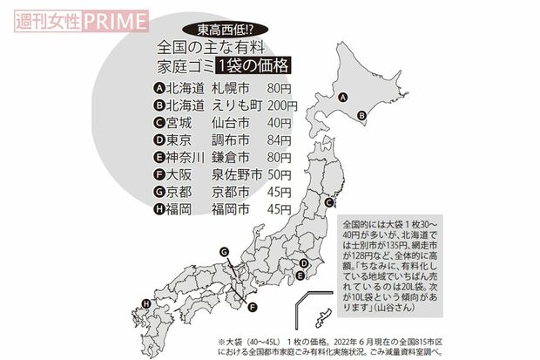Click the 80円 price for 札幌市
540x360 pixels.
pos(279,88)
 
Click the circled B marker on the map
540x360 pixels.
pos(361,112)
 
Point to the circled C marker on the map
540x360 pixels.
pos(328,202)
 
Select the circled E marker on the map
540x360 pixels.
pos(300,276)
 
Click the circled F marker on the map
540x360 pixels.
pos(253,307)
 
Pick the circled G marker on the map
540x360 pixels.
pos(224,253)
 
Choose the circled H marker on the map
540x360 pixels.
pos(145,304)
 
